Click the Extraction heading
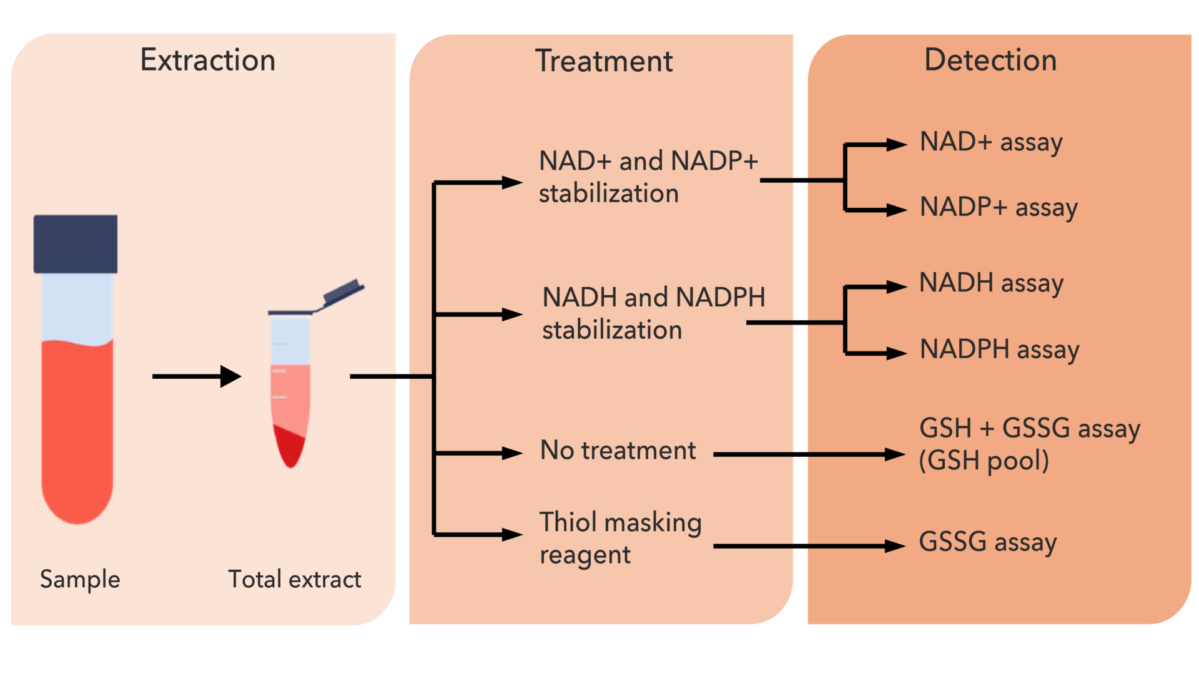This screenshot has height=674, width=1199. coord(207,61)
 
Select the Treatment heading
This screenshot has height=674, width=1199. coord(603,62)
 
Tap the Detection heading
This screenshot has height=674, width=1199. coord(990,61)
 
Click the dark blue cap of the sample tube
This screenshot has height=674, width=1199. coord(76,244)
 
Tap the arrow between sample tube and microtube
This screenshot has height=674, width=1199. coord(197,376)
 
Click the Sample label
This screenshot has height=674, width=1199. coord(80,580)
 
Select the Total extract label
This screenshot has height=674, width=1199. coord(294,580)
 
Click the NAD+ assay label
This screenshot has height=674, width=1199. coord(990,143)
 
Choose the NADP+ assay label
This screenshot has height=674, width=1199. coord(998,208)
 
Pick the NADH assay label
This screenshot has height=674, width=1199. coord(990,284)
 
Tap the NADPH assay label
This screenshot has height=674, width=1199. coord(999,349)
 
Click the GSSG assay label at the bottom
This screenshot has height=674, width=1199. coord(987,542)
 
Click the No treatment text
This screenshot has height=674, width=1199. coord(618,451)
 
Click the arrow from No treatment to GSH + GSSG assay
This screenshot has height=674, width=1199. coord(809,454)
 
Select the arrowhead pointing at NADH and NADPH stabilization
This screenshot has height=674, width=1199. coord(512,315)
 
